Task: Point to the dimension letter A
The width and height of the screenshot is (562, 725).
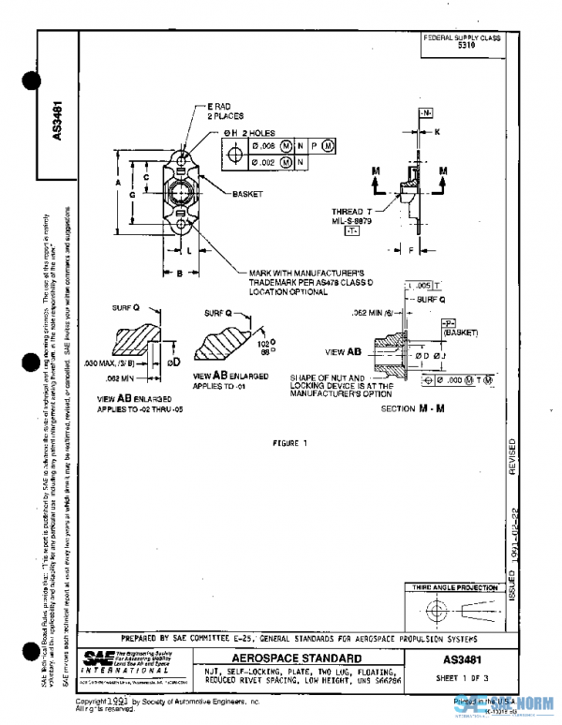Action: pos(117,185)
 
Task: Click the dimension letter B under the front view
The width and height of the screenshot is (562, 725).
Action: pos(179,273)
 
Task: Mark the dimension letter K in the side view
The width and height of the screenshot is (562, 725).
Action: pos(436,132)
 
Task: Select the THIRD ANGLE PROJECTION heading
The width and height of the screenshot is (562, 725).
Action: pos(454,587)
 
